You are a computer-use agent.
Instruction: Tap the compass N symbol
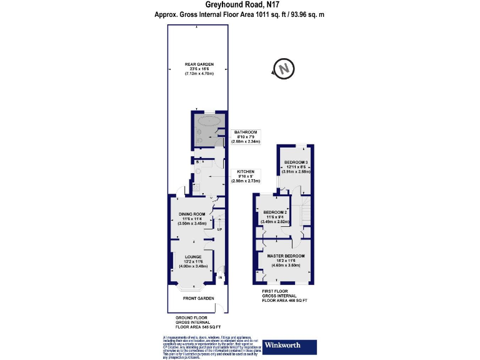pos(284,68)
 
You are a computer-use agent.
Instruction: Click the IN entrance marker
pos(220,277)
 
